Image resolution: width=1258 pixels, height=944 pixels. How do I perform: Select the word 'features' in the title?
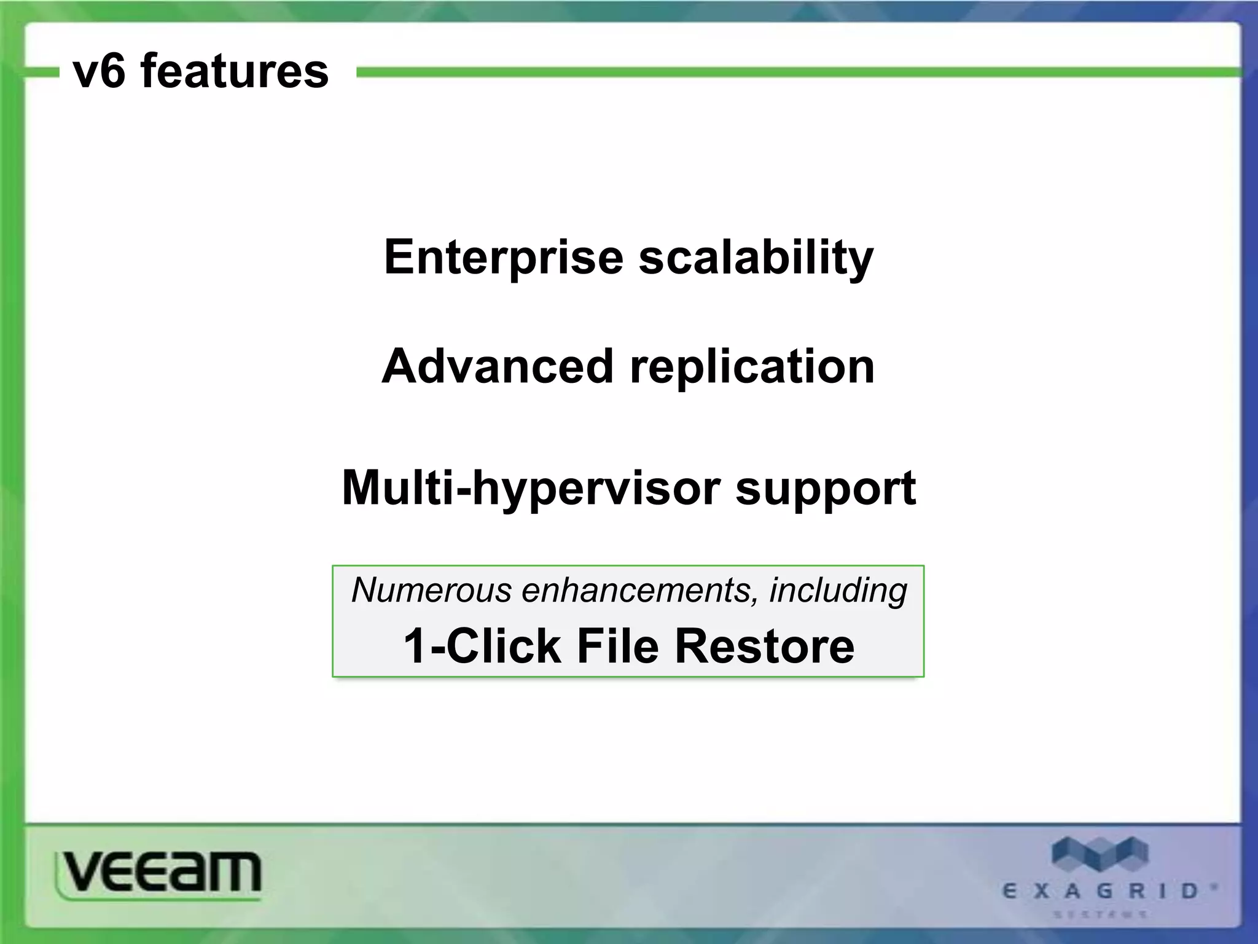(235, 71)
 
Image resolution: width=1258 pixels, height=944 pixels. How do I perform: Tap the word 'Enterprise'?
(504, 258)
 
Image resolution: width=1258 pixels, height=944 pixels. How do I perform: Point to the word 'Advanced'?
(498, 367)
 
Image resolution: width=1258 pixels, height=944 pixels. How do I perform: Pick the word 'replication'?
(752, 367)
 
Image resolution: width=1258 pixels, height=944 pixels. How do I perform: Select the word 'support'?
(826, 489)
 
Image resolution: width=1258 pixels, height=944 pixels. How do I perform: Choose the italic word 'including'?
(838, 591)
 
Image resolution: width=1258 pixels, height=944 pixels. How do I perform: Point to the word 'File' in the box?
(618, 647)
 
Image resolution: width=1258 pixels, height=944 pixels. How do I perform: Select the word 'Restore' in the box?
(765, 647)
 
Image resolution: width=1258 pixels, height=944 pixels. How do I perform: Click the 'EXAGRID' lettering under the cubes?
(1101, 891)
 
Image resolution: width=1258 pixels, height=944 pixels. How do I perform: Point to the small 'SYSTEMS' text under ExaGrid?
(1100, 914)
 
